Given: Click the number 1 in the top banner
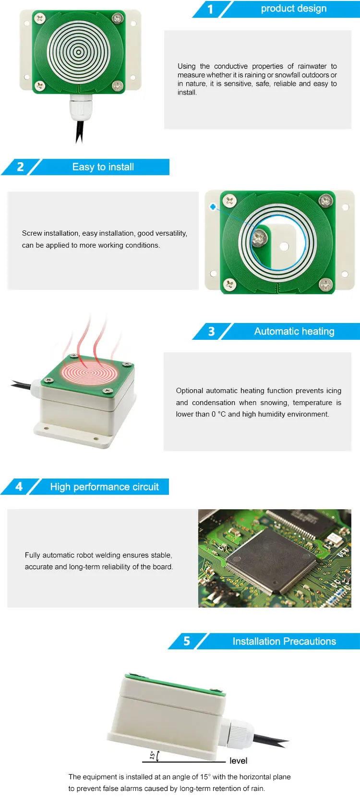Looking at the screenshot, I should click(210, 9).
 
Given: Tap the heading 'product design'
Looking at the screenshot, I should click(293, 9).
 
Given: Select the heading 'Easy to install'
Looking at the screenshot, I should click(103, 167).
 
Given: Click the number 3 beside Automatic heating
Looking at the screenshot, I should click(211, 332).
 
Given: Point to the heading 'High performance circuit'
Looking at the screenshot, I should click(104, 487).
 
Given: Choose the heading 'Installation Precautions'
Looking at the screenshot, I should click(284, 642).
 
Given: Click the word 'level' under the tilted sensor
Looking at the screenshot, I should click(238, 761).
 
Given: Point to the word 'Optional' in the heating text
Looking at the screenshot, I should click(189, 391).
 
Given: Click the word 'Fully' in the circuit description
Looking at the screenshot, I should click(33, 555).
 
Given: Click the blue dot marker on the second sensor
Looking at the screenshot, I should click(213, 207).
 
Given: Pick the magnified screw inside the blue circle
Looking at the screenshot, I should click(260, 236).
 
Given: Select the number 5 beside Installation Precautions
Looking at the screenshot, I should click(187, 642).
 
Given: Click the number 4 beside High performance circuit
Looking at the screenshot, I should click(19, 487).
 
